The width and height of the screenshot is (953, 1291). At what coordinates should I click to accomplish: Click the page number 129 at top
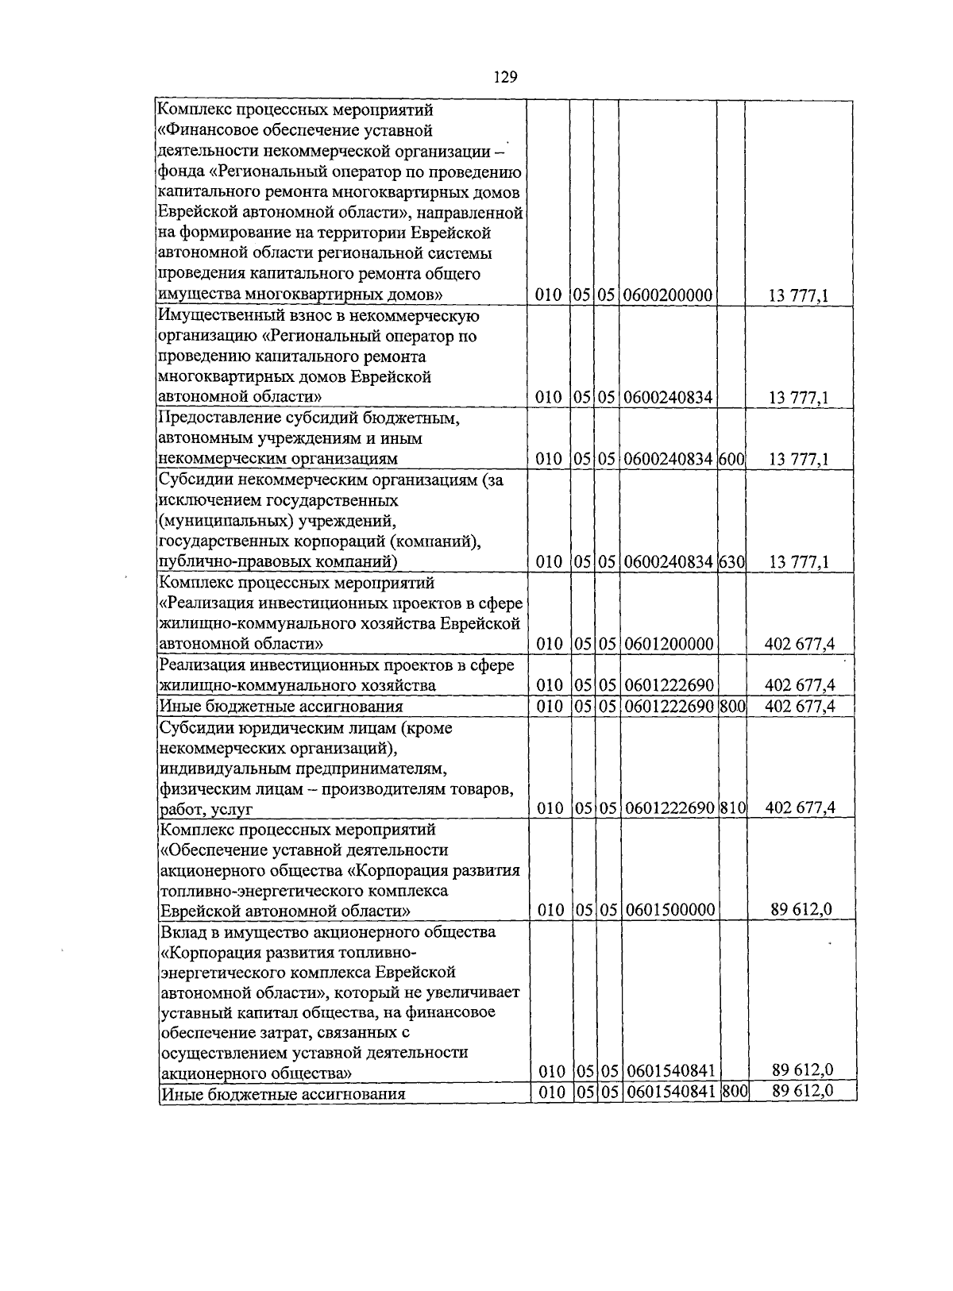click(x=505, y=77)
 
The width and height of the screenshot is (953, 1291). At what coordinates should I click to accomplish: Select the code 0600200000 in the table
click(x=668, y=296)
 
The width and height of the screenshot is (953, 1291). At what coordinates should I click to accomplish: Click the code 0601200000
click(x=669, y=644)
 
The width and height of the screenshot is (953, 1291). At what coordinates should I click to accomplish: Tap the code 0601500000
click(x=670, y=910)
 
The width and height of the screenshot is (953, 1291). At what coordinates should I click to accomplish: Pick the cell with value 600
click(x=731, y=459)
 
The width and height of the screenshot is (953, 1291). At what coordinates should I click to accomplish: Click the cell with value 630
click(x=731, y=562)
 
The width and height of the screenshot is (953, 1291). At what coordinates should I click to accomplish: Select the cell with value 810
click(x=733, y=808)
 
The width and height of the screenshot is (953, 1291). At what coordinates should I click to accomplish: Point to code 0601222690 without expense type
click(x=669, y=685)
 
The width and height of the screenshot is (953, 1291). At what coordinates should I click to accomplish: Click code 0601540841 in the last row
click(x=671, y=1093)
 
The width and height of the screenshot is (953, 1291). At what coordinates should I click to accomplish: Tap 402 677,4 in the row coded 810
click(x=799, y=808)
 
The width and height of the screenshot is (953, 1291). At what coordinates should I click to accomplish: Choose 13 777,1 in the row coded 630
click(x=799, y=562)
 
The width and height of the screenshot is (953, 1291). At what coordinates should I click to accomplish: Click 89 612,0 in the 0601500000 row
click(x=801, y=910)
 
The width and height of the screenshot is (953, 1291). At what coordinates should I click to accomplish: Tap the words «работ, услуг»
click(x=206, y=810)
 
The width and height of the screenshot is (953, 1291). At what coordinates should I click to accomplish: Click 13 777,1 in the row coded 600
click(x=799, y=459)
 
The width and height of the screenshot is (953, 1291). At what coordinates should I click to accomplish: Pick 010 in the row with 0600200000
click(x=548, y=296)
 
